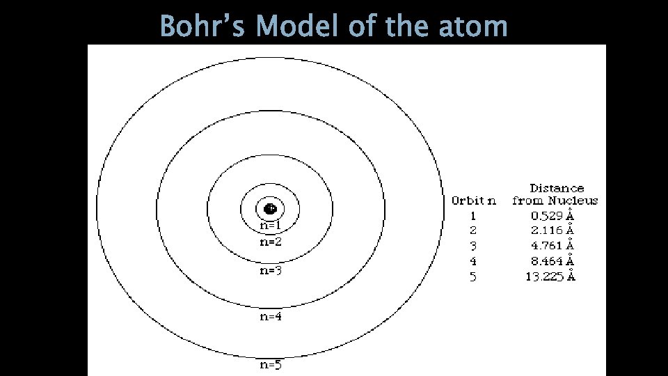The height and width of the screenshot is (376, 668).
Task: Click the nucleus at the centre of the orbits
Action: click(x=270, y=208)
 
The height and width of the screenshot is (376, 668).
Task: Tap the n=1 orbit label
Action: click(x=270, y=226)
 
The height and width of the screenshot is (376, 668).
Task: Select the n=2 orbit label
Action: click(x=270, y=242)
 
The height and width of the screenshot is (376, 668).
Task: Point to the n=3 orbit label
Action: click(x=270, y=271)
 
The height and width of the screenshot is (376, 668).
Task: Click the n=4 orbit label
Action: click(x=270, y=318)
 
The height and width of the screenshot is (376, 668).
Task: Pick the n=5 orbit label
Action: click(x=270, y=364)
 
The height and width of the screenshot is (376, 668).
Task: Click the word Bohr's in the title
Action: click(x=203, y=26)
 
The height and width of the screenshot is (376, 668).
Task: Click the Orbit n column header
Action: click(x=474, y=201)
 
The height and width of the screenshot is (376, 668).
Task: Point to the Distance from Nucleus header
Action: click(x=555, y=194)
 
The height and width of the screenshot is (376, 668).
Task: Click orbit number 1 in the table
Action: click(x=473, y=216)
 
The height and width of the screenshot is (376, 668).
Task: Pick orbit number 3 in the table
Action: click(x=473, y=246)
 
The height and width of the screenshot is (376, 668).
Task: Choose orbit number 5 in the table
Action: click(x=473, y=276)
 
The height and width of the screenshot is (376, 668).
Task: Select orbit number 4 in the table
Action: click(x=473, y=261)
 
